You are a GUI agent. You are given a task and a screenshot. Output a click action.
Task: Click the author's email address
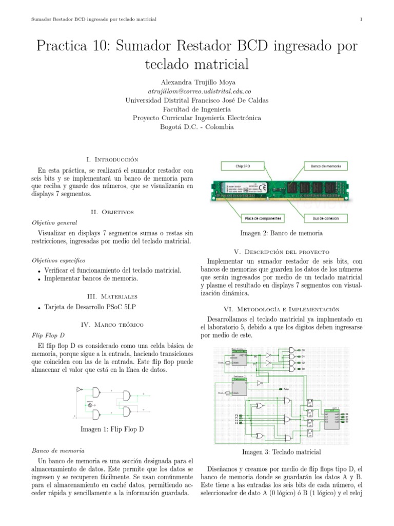tap(196, 91)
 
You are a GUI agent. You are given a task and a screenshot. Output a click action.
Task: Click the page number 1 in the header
tap(362, 20)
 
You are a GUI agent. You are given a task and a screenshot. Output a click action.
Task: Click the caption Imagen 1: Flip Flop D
tap(112, 429)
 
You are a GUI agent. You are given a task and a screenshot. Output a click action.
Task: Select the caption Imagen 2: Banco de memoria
tap(282, 233)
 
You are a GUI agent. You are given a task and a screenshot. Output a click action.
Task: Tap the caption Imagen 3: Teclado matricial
tap(282, 452)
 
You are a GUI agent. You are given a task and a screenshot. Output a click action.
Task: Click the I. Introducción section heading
tap(112, 159)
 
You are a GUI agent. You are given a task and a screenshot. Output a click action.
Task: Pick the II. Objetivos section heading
tap(112, 211)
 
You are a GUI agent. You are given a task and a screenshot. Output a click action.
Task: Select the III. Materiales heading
tap(112, 296)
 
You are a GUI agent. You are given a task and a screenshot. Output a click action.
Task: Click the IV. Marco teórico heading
tap(112, 325)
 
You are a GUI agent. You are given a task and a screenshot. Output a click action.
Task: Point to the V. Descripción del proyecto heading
tap(282, 252)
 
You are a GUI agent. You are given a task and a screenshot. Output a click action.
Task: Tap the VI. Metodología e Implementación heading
tap(282, 309)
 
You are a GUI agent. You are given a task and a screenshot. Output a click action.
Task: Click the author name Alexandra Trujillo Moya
tap(196, 82)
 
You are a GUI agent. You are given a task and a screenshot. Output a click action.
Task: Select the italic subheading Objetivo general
tap(54, 223)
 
